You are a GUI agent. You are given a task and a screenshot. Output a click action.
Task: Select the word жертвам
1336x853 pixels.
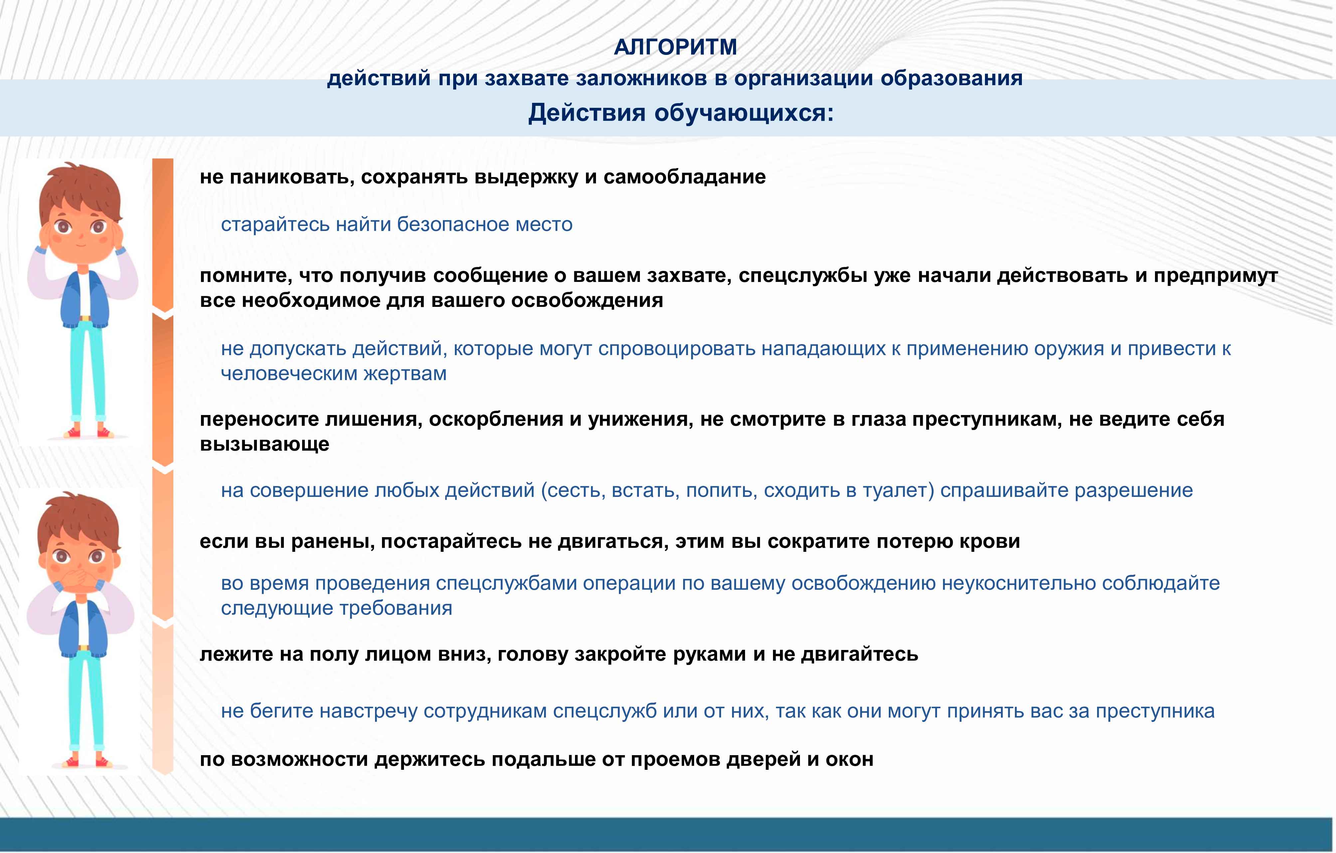(405, 374)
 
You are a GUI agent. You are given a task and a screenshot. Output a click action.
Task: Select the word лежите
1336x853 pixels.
(236, 655)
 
